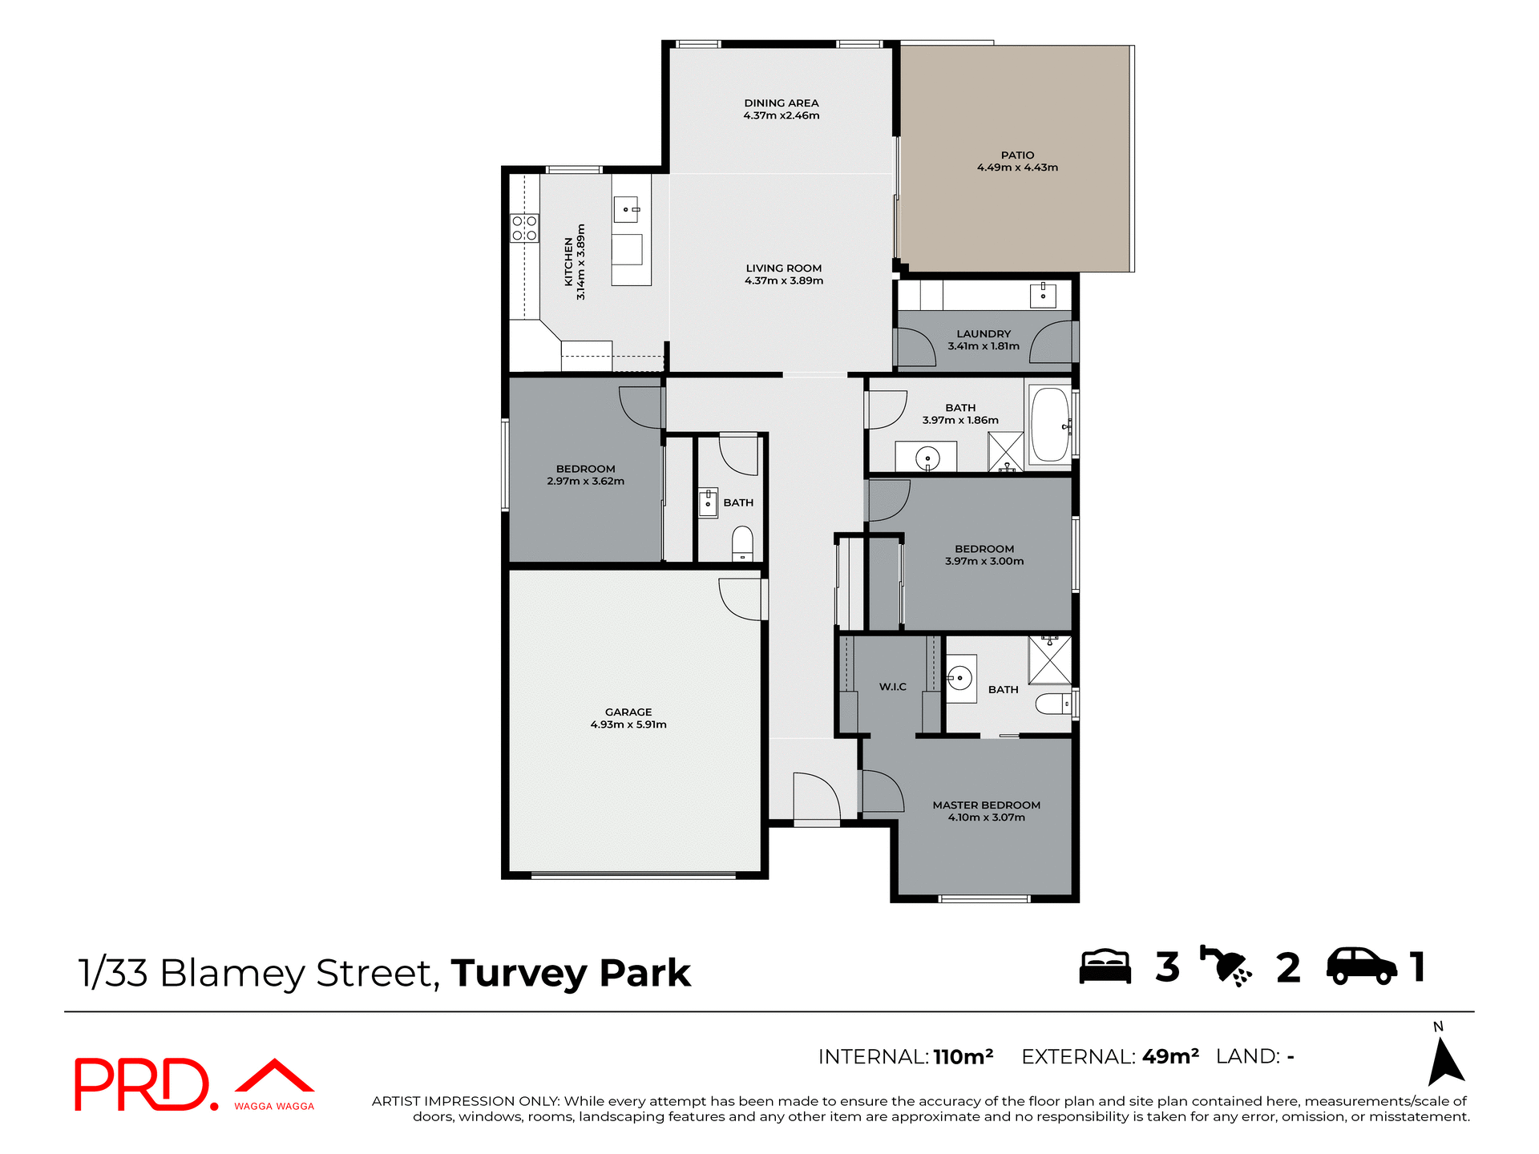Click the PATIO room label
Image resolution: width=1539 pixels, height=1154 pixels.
1017,155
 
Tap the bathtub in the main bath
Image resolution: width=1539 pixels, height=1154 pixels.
1049,425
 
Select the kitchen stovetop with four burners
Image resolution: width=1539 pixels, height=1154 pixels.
525,228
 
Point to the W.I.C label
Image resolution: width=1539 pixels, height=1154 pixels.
892,687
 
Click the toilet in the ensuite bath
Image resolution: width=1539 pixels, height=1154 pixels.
1051,704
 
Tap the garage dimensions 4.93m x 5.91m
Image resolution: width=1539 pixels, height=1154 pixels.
628,724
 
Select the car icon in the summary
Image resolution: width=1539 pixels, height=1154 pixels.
1361,966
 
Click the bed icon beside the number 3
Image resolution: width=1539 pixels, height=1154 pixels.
1105,966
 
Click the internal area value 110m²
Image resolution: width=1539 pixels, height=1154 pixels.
963,1056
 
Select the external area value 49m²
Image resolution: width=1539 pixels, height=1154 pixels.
1170,1056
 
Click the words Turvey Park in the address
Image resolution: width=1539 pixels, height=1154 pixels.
570,973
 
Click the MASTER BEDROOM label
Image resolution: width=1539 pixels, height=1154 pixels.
986,805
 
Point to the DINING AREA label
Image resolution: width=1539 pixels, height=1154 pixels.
781,103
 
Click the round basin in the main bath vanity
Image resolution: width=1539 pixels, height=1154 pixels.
927,459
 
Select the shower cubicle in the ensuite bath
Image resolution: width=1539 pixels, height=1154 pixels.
1050,660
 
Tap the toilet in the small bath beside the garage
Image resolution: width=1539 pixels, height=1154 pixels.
743,543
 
